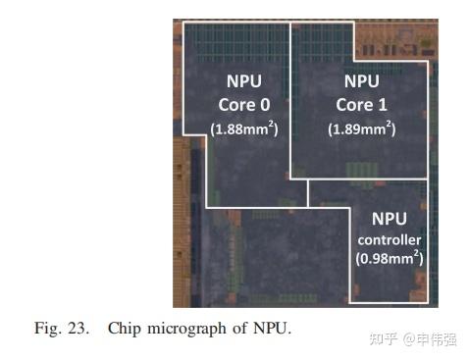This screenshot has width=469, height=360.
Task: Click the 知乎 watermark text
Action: click(381, 338)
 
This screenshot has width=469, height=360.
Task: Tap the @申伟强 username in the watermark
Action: click(428, 338)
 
